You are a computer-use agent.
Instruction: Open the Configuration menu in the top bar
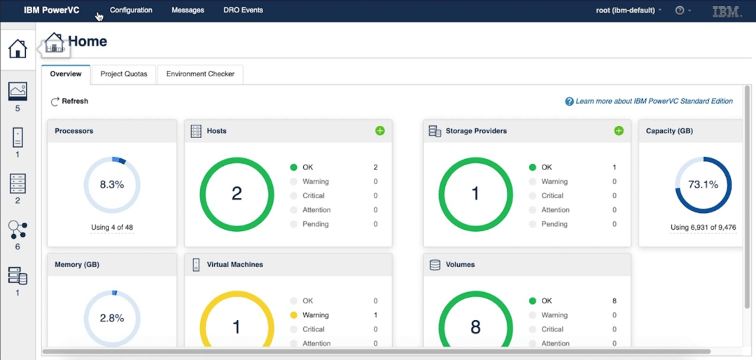coord(131,11)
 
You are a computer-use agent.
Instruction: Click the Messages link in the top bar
coord(188,11)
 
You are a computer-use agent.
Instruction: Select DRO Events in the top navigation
coord(243,11)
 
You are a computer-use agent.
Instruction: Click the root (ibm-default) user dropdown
coord(628,11)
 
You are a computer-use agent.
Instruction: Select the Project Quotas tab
coord(124,74)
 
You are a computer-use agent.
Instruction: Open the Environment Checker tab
coord(200,74)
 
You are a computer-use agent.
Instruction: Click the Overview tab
coord(66,74)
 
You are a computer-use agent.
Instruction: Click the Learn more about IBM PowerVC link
coord(654,102)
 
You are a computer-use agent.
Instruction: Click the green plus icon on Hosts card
coord(380,131)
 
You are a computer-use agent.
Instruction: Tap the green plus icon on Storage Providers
coord(619,131)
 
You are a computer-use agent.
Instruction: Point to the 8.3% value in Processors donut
coord(112,185)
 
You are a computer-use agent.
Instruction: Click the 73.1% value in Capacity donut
coord(703,185)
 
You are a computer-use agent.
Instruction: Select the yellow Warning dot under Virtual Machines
coord(294,315)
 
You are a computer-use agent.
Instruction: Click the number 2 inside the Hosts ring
coord(237,194)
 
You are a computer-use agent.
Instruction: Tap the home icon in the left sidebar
coord(17,49)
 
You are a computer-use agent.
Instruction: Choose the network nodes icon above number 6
coord(17,229)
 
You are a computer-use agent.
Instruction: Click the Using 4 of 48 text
coord(112,228)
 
